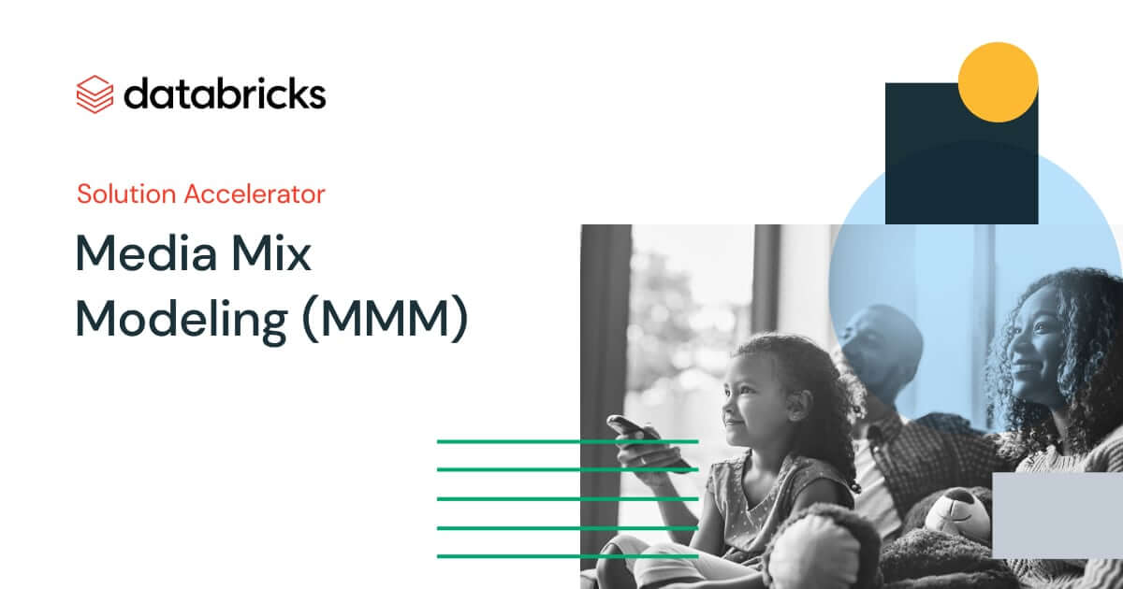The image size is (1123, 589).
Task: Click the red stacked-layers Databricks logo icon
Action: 95,94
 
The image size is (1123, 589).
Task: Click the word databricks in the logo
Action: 225,93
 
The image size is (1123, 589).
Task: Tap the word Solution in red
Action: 126,194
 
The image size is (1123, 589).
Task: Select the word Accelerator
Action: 255,194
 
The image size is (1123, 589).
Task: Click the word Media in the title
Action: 146,253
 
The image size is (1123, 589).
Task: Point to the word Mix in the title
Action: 271,253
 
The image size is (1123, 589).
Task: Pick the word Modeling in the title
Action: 182,321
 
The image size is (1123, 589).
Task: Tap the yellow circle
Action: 998,82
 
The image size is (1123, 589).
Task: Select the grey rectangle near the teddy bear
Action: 1057,515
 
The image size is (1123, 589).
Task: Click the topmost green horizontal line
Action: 567,441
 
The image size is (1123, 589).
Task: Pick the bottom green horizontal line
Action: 567,556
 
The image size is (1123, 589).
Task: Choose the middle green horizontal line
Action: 567,499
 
